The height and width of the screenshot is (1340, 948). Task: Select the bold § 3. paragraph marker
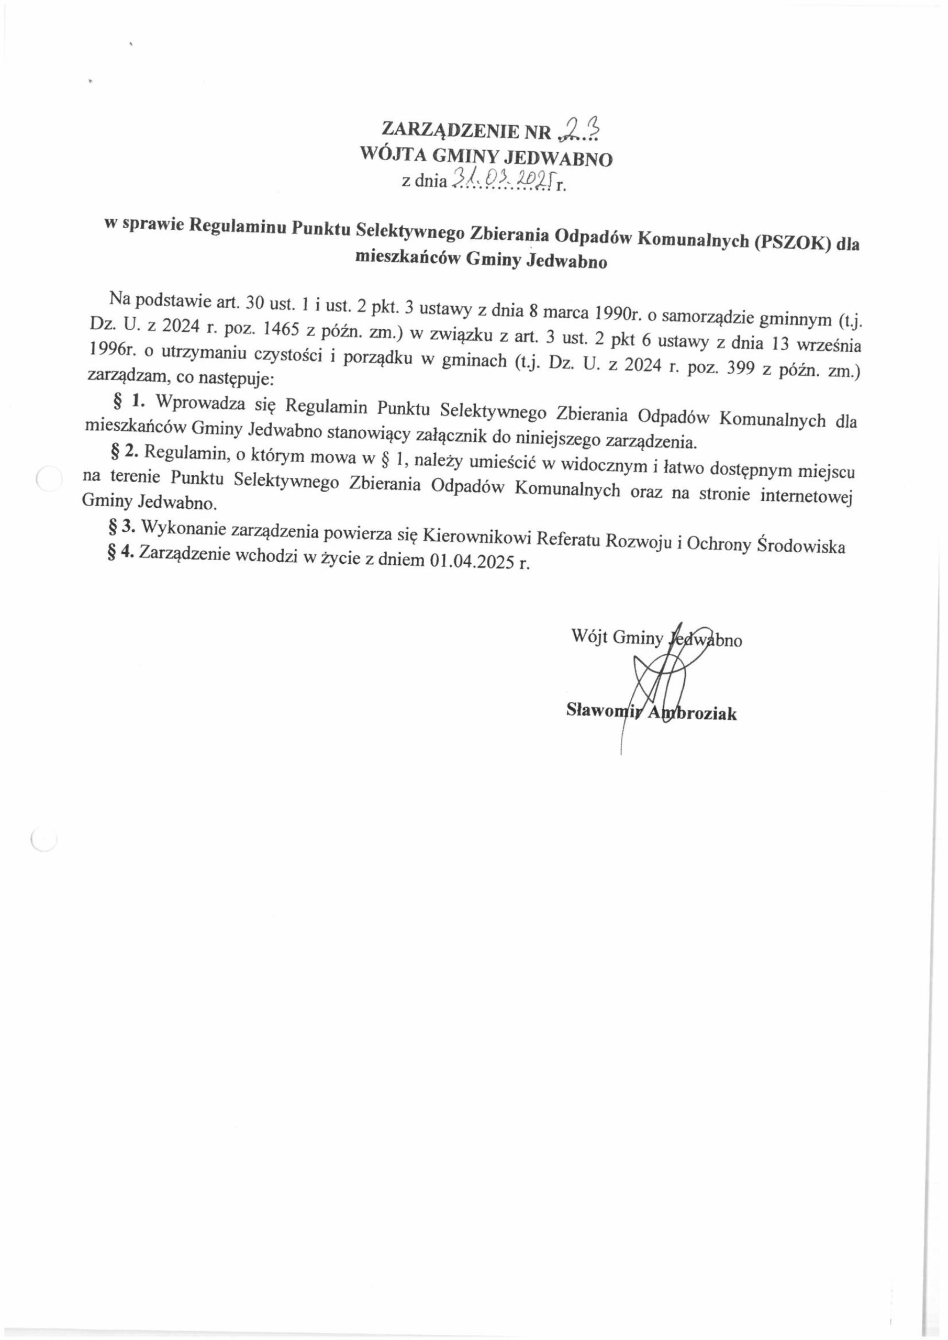(x=122, y=527)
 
